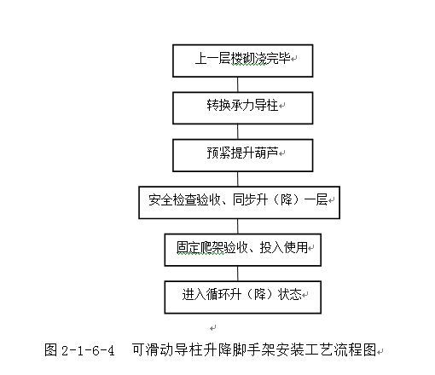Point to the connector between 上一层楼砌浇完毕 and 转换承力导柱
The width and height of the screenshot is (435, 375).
point(238,84)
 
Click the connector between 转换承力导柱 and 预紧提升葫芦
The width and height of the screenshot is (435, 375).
point(238,132)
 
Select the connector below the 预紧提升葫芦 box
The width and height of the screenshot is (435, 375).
point(238,179)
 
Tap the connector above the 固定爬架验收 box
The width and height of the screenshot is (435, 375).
point(238,227)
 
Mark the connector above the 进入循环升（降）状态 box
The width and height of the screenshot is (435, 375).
point(238,274)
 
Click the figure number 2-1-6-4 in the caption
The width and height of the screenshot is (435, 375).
point(88,350)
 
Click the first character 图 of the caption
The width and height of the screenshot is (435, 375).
point(51,349)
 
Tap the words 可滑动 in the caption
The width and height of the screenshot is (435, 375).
point(153,349)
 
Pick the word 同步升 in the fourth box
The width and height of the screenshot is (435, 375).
point(250,199)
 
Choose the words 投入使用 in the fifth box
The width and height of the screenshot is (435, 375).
point(284,247)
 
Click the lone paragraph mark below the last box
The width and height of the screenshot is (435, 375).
point(212,328)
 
